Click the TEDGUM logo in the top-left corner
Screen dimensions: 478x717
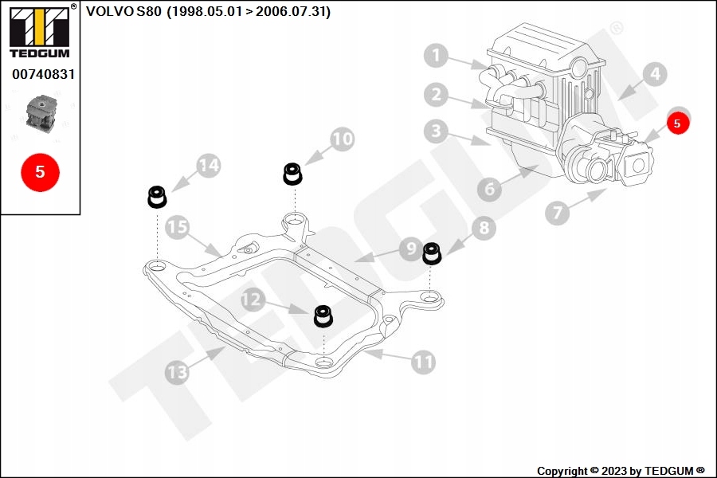tap(39, 32)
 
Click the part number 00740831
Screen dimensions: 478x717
tap(43, 74)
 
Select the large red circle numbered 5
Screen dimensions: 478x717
tap(40, 171)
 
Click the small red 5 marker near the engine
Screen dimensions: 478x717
tap(677, 123)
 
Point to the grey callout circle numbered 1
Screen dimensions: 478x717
tap(435, 56)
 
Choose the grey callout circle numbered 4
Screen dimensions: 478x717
tap(654, 75)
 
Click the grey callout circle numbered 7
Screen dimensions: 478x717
tap(558, 213)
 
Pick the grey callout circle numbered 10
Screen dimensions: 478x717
tap(342, 139)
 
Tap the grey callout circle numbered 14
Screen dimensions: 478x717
tap(208, 166)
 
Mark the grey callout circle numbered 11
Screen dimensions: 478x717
tap(424, 362)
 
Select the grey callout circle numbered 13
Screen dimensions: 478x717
tap(177, 370)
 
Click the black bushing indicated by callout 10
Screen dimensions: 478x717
tap(293, 173)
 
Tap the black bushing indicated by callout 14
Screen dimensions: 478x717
tap(156, 196)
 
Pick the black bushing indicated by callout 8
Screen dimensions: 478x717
tap(432, 252)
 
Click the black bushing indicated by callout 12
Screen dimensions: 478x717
tap(323, 315)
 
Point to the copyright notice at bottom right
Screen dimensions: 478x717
tap(621, 471)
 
